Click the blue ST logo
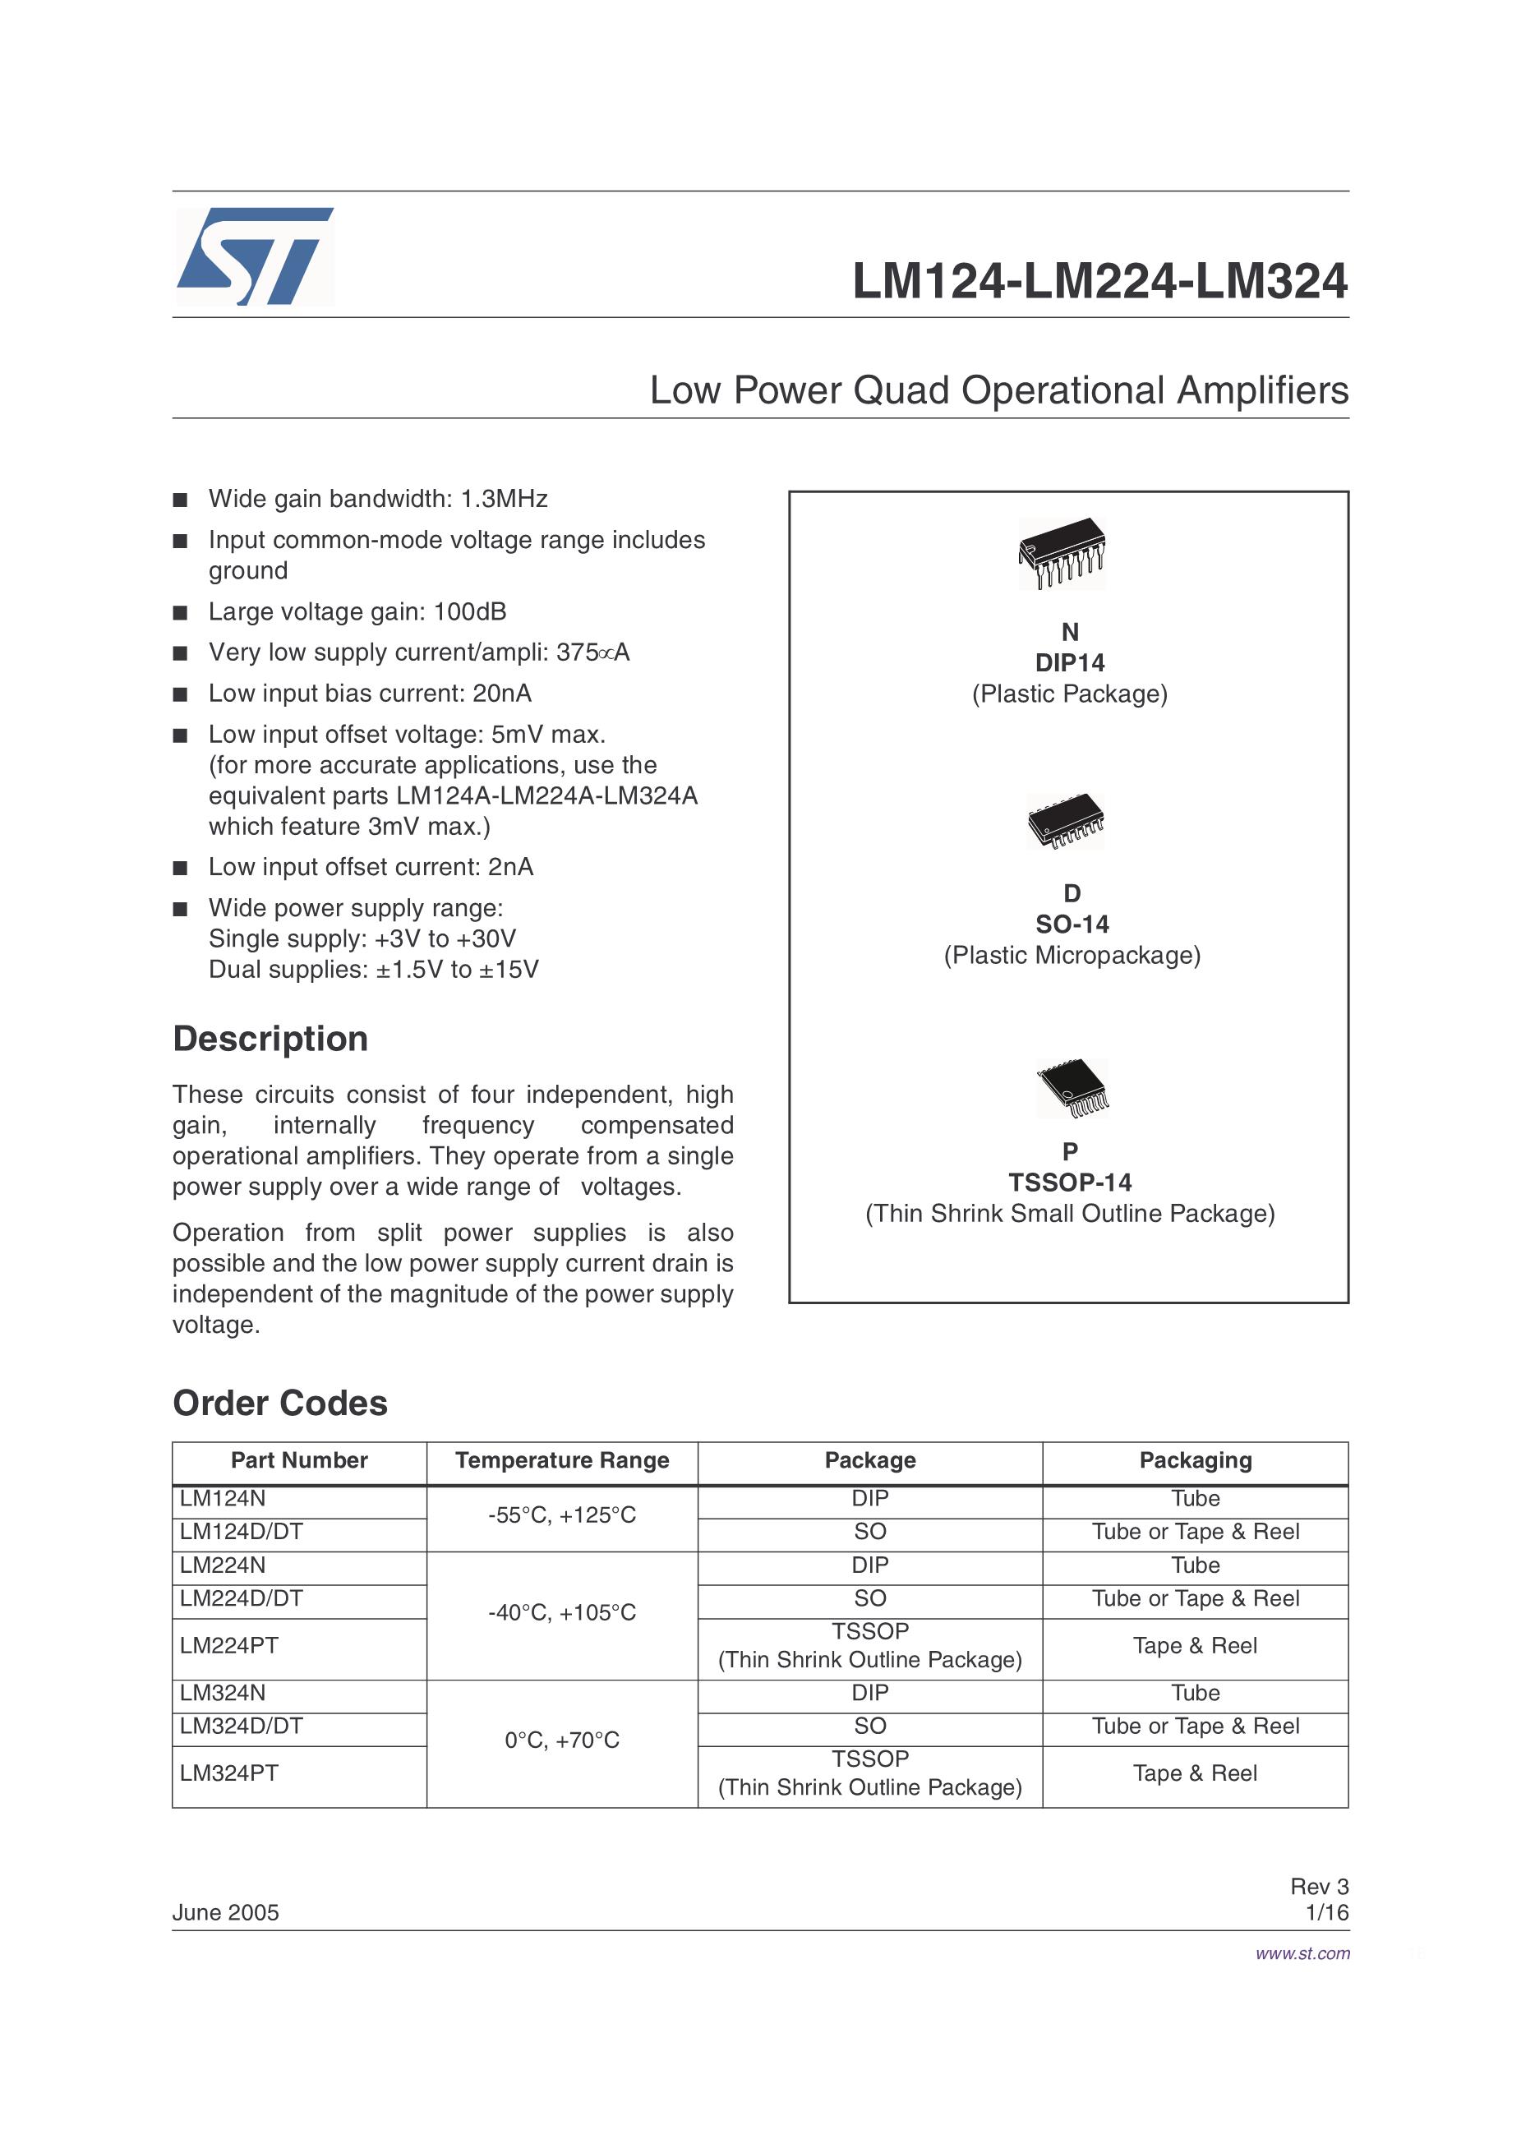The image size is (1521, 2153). [x=254, y=256]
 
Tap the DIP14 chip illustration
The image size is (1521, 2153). [x=1062, y=552]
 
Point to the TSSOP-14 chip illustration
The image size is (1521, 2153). [x=1072, y=1088]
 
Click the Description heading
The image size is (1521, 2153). [x=270, y=1039]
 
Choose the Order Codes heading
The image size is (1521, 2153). [x=279, y=1403]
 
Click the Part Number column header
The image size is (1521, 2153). [x=299, y=1460]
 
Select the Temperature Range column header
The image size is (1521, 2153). [x=562, y=1460]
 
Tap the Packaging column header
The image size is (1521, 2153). [x=1195, y=1460]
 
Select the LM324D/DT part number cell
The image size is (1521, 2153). [x=241, y=1726]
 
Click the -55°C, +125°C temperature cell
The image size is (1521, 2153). [x=562, y=1515]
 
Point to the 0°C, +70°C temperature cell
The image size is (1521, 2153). [x=562, y=1740]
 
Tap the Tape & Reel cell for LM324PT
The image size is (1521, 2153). [x=1195, y=1773]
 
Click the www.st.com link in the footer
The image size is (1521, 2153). [x=1302, y=1953]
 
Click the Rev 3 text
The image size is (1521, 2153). [x=1319, y=1887]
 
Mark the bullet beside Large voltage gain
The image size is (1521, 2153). [x=180, y=613]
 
